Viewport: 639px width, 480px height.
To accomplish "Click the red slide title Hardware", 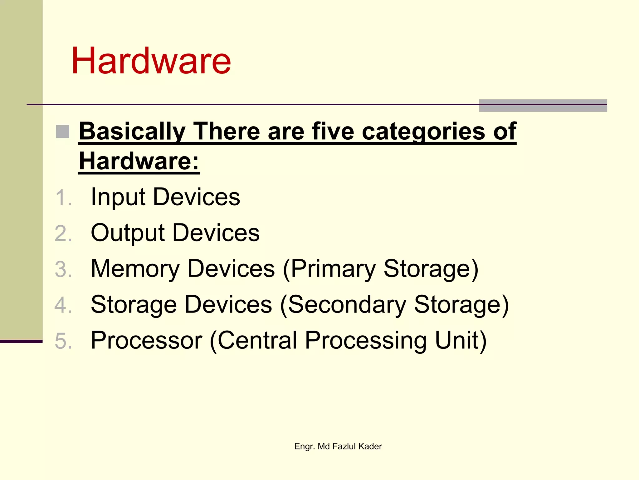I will coord(151,61).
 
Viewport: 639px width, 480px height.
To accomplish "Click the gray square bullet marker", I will coord(62,132).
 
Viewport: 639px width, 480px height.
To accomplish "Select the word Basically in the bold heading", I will coord(132,131).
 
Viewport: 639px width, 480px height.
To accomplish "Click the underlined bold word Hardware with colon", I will coord(139,161).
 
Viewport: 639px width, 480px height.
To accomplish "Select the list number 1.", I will coord(63,198).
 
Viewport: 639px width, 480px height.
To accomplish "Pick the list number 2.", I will coord(63,234).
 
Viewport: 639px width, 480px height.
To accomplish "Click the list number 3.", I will coord(63,269).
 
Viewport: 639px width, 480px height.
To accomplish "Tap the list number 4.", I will coord(63,305).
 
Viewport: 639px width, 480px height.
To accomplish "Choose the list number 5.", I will coord(63,341).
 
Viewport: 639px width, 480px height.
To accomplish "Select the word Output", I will coord(128,233).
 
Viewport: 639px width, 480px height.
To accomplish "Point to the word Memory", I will coord(135,269).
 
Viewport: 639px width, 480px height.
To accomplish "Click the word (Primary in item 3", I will coord(329,269).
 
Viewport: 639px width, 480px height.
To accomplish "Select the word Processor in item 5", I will coord(146,340).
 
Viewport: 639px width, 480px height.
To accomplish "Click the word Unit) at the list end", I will coord(461,340).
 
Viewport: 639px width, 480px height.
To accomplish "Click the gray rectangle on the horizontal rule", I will coord(543,106).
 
